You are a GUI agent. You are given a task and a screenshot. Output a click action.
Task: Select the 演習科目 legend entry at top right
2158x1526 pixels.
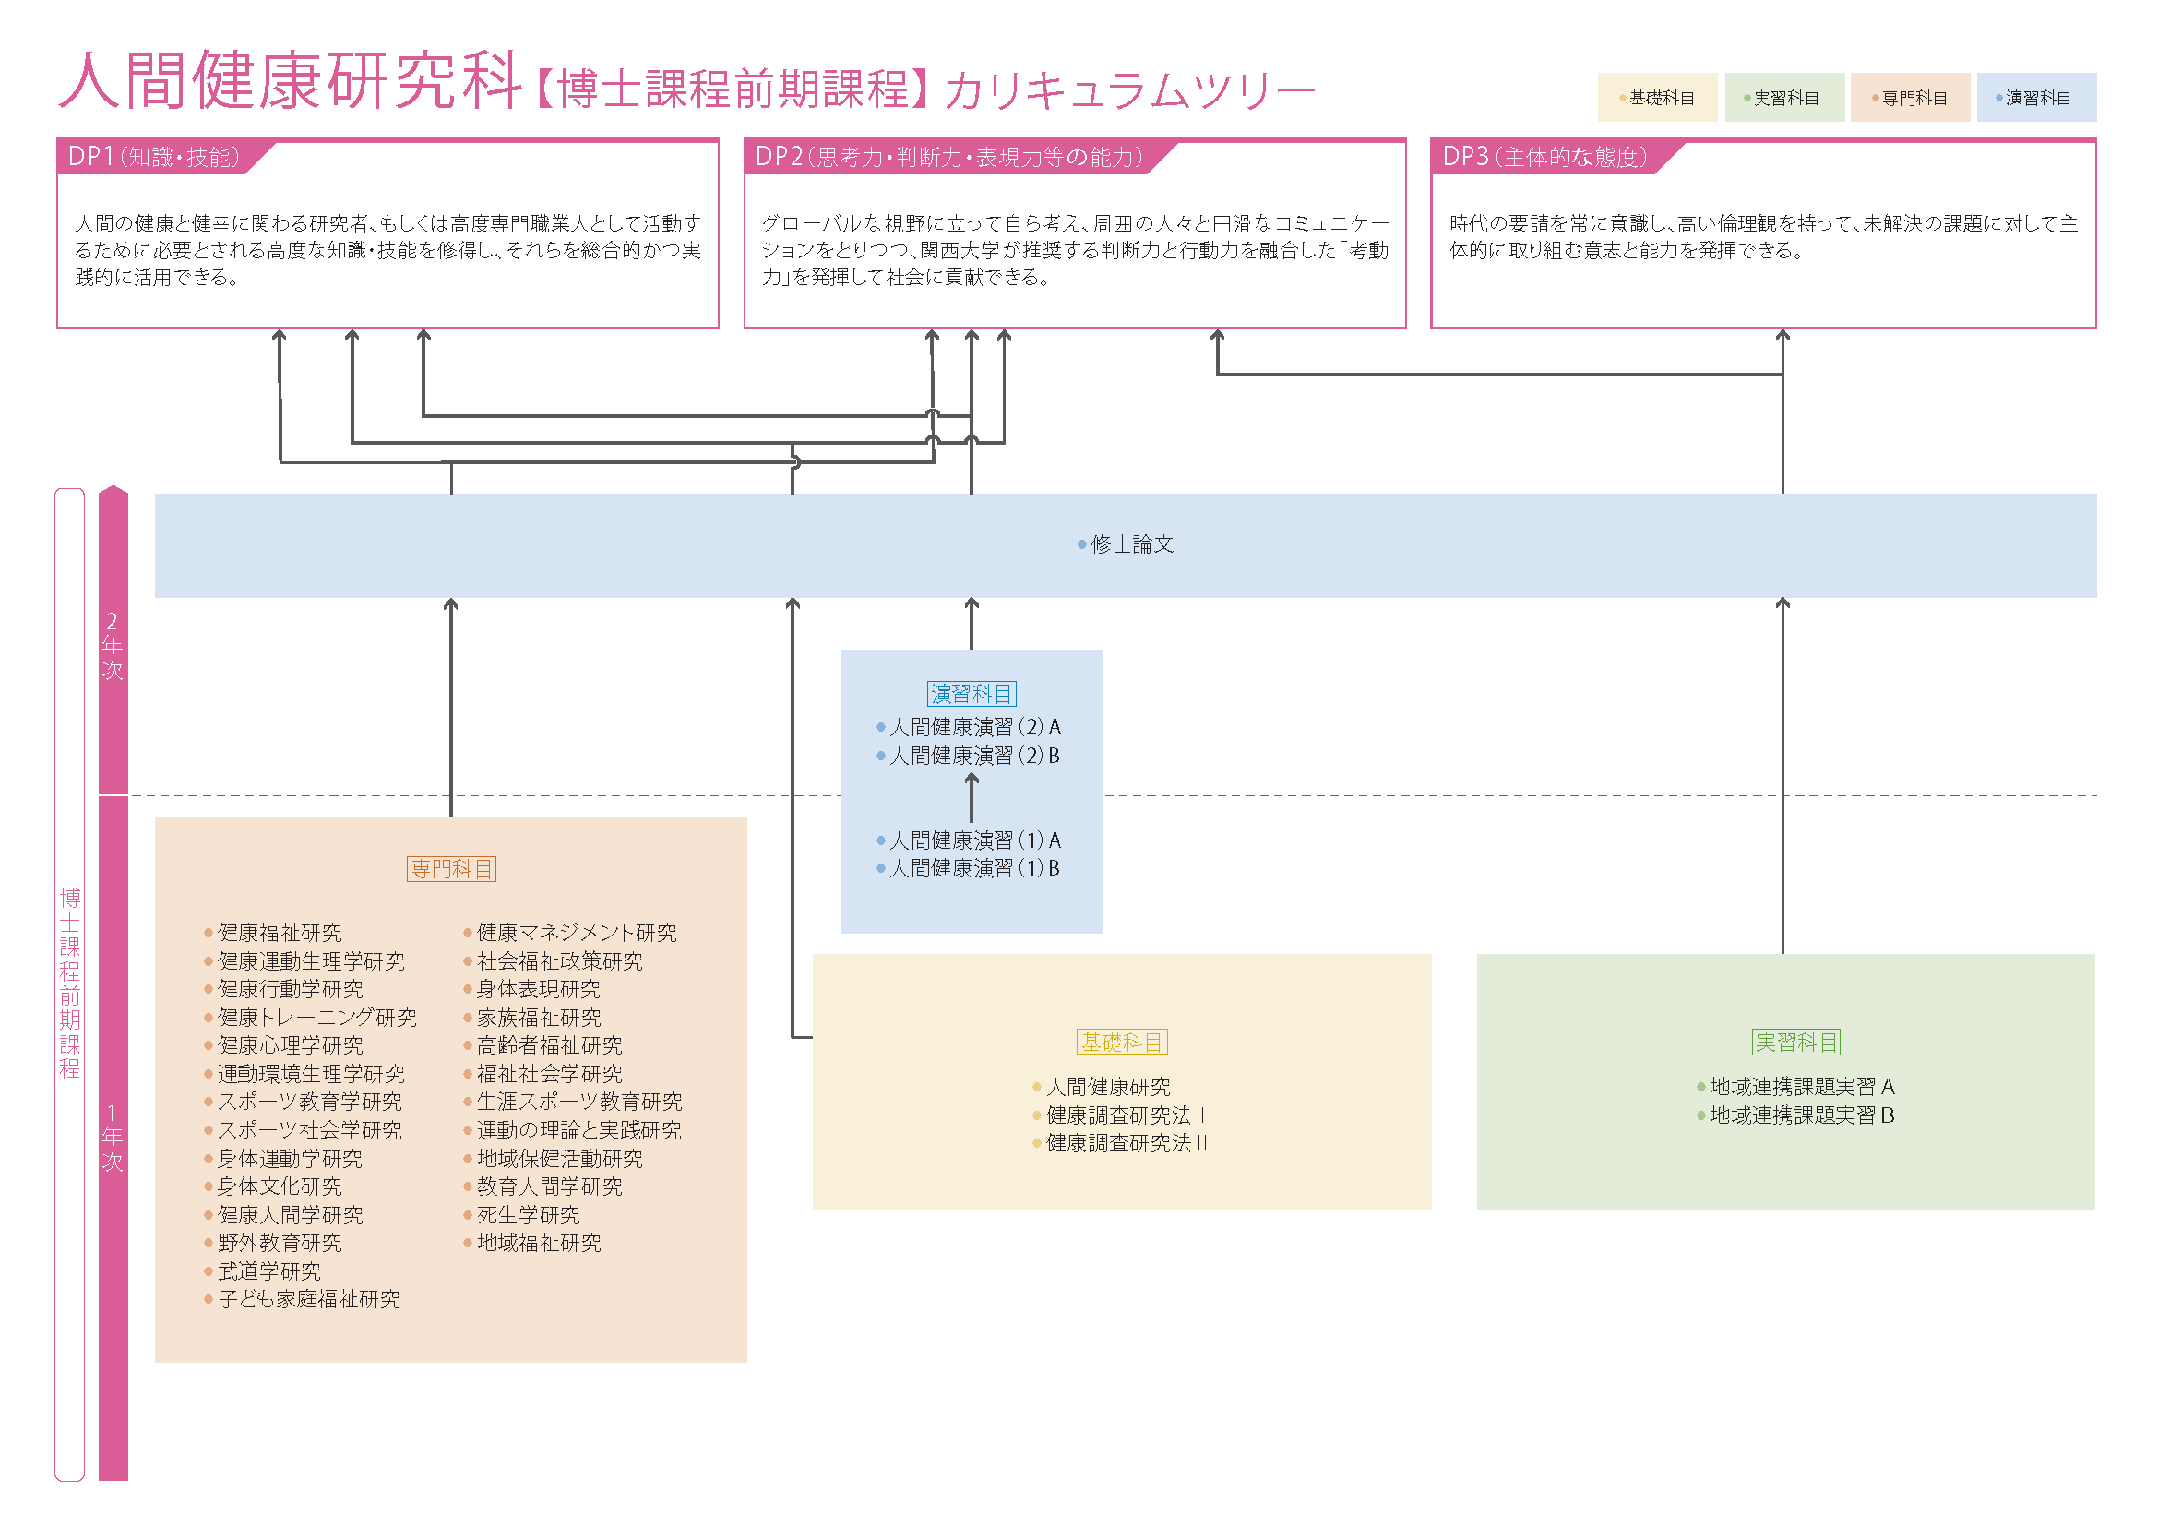pos(2037,98)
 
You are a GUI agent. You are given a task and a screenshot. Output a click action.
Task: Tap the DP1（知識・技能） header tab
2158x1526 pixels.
pos(154,157)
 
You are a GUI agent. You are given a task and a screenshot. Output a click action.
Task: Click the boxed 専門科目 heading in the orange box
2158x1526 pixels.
pos(451,869)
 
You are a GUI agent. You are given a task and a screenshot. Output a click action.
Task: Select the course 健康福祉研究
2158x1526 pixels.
pos(280,933)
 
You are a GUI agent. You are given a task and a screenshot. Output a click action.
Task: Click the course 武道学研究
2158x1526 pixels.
pos(268,1271)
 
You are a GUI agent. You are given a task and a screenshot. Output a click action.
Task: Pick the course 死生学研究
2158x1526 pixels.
pos(529,1215)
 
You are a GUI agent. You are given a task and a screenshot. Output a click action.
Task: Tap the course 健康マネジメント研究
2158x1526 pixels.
pos(576,933)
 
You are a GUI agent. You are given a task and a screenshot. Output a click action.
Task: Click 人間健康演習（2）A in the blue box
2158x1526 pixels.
pos(974,727)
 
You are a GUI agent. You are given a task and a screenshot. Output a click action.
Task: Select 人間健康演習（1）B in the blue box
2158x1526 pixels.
pos(974,868)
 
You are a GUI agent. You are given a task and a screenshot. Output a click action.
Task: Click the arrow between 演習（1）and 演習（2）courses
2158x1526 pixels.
pos(972,798)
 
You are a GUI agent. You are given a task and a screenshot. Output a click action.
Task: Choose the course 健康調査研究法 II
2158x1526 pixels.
pos(1126,1143)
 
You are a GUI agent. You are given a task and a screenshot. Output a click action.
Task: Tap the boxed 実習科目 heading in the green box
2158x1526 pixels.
pos(1796,1042)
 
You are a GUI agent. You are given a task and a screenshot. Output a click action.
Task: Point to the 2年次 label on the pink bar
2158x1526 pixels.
pos(113,646)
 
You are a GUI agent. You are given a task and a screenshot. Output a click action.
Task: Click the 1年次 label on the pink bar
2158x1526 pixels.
pos(113,1138)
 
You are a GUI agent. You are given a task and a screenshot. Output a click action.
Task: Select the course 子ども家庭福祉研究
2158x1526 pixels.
pos(308,1300)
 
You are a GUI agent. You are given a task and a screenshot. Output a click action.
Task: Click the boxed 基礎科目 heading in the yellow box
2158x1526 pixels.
pos(1121,1042)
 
